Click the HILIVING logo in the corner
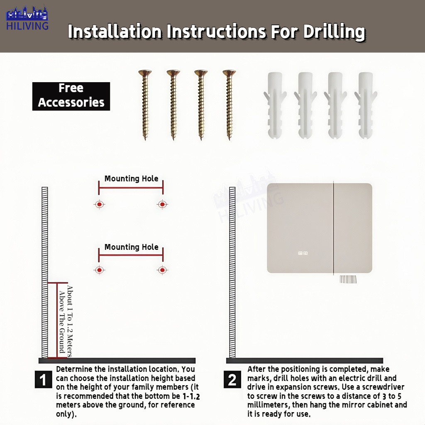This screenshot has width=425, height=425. (x=27, y=17)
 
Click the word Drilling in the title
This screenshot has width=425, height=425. (x=334, y=32)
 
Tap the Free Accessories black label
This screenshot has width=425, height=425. (x=71, y=96)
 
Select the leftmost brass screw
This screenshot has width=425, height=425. (x=145, y=105)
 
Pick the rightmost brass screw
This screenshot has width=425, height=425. (x=229, y=105)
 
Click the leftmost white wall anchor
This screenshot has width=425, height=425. (x=275, y=105)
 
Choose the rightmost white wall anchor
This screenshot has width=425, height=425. (x=366, y=105)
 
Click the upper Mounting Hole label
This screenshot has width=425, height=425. (x=131, y=178)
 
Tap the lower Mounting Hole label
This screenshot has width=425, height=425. (x=131, y=247)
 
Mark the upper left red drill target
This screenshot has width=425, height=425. (x=99, y=204)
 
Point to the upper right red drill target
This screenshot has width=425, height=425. (x=162, y=204)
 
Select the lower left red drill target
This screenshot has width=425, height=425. (x=99, y=270)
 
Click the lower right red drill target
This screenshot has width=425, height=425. (x=162, y=270)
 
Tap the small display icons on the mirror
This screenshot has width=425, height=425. (x=303, y=253)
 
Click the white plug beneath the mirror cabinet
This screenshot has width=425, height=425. (x=348, y=279)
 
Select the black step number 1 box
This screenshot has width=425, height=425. (x=43, y=379)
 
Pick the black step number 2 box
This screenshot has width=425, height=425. (x=232, y=379)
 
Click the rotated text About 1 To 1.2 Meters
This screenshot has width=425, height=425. (x=70, y=321)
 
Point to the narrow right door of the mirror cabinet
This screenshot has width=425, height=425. (x=353, y=228)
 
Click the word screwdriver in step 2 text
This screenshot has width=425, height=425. (x=383, y=387)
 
